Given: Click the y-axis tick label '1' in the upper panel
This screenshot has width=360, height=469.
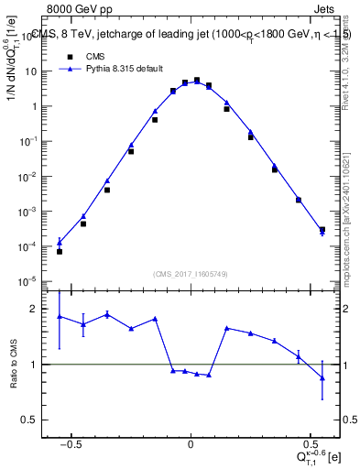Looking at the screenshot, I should tap(37, 106).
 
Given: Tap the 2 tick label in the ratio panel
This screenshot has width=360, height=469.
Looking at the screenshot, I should tap(37, 309).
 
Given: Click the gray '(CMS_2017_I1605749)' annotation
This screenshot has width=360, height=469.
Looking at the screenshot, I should tap(191, 274).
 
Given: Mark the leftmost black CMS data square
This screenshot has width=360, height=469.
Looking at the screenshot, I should tap(60, 251).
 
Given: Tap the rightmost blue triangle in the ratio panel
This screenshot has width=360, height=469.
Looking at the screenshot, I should tap(322, 378).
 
